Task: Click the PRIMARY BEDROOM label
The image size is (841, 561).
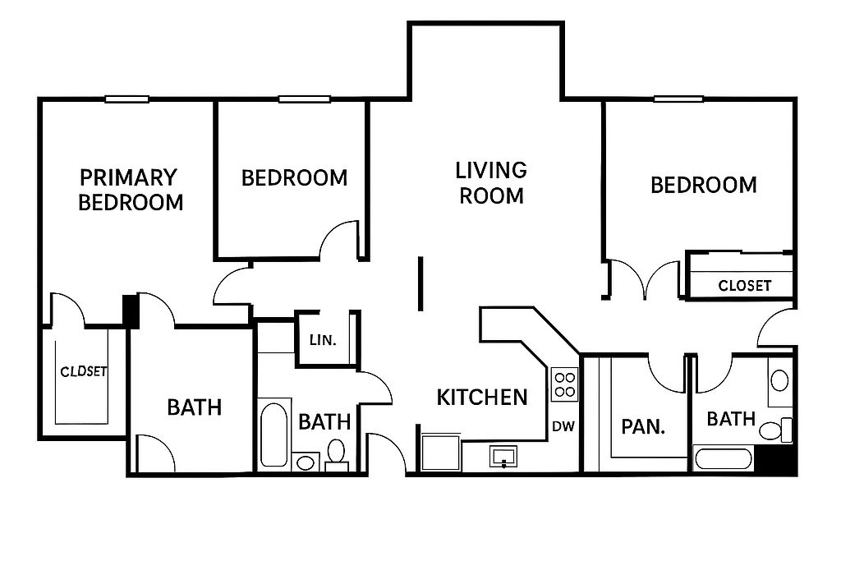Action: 131,190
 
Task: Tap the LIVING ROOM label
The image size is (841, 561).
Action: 491,183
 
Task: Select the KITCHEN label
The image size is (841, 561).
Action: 482,398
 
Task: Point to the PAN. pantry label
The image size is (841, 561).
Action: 643,427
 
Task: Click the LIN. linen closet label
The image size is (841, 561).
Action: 323,340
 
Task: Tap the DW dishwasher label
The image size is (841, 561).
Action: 563,426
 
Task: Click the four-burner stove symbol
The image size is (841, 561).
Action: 565,384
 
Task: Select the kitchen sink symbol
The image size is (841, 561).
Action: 503,457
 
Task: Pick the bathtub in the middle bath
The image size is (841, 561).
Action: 273,435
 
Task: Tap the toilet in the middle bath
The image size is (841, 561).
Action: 336,454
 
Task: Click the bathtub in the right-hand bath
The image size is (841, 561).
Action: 723,459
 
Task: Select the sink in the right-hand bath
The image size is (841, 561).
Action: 779,381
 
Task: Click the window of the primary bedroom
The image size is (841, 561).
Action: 126,99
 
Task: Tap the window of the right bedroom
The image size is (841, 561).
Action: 678,99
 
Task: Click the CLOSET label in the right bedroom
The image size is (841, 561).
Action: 744,286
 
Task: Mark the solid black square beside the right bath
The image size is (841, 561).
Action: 777,460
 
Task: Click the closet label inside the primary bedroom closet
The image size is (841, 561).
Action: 84,371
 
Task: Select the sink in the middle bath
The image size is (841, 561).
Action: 306,462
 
